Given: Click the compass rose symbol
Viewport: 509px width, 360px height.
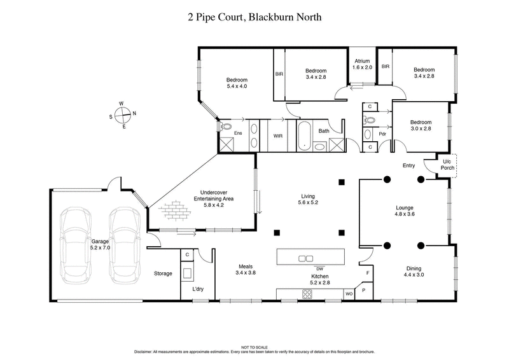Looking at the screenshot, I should [x=123, y=115].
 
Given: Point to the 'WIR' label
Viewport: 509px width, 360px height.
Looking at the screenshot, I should [x=278, y=135].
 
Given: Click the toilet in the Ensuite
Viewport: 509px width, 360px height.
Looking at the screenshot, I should [x=224, y=127].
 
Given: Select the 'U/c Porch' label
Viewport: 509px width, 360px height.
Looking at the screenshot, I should [x=447, y=165].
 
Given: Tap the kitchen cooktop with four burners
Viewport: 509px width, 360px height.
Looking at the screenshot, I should [x=307, y=293].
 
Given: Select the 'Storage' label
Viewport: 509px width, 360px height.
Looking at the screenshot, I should [x=163, y=273].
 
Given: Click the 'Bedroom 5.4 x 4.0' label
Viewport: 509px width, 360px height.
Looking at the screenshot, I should [x=236, y=83].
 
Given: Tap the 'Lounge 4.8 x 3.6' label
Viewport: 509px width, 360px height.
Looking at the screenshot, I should [x=405, y=211].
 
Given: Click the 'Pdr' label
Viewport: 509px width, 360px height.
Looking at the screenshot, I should [x=382, y=134].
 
